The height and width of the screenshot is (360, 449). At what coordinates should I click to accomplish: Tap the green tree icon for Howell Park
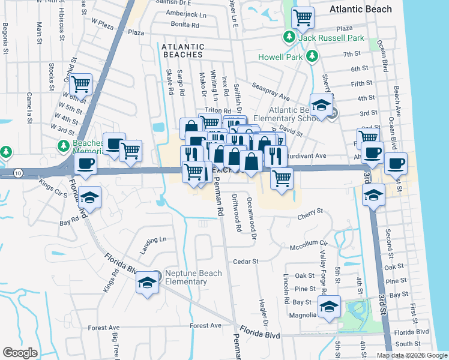(312, 56)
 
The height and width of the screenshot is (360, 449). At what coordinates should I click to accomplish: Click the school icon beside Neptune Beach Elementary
(146, 281)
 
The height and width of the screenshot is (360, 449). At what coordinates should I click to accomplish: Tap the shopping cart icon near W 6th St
(80, 85)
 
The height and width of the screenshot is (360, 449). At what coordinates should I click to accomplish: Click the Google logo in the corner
(20, 353)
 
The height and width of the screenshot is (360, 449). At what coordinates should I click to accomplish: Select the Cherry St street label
(312, 212)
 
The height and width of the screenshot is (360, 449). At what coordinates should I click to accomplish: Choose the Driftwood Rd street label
(238, 220)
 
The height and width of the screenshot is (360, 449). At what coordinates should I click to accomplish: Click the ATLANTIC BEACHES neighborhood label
(183, 50)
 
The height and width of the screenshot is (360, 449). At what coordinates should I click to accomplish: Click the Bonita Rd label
(185, 26)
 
